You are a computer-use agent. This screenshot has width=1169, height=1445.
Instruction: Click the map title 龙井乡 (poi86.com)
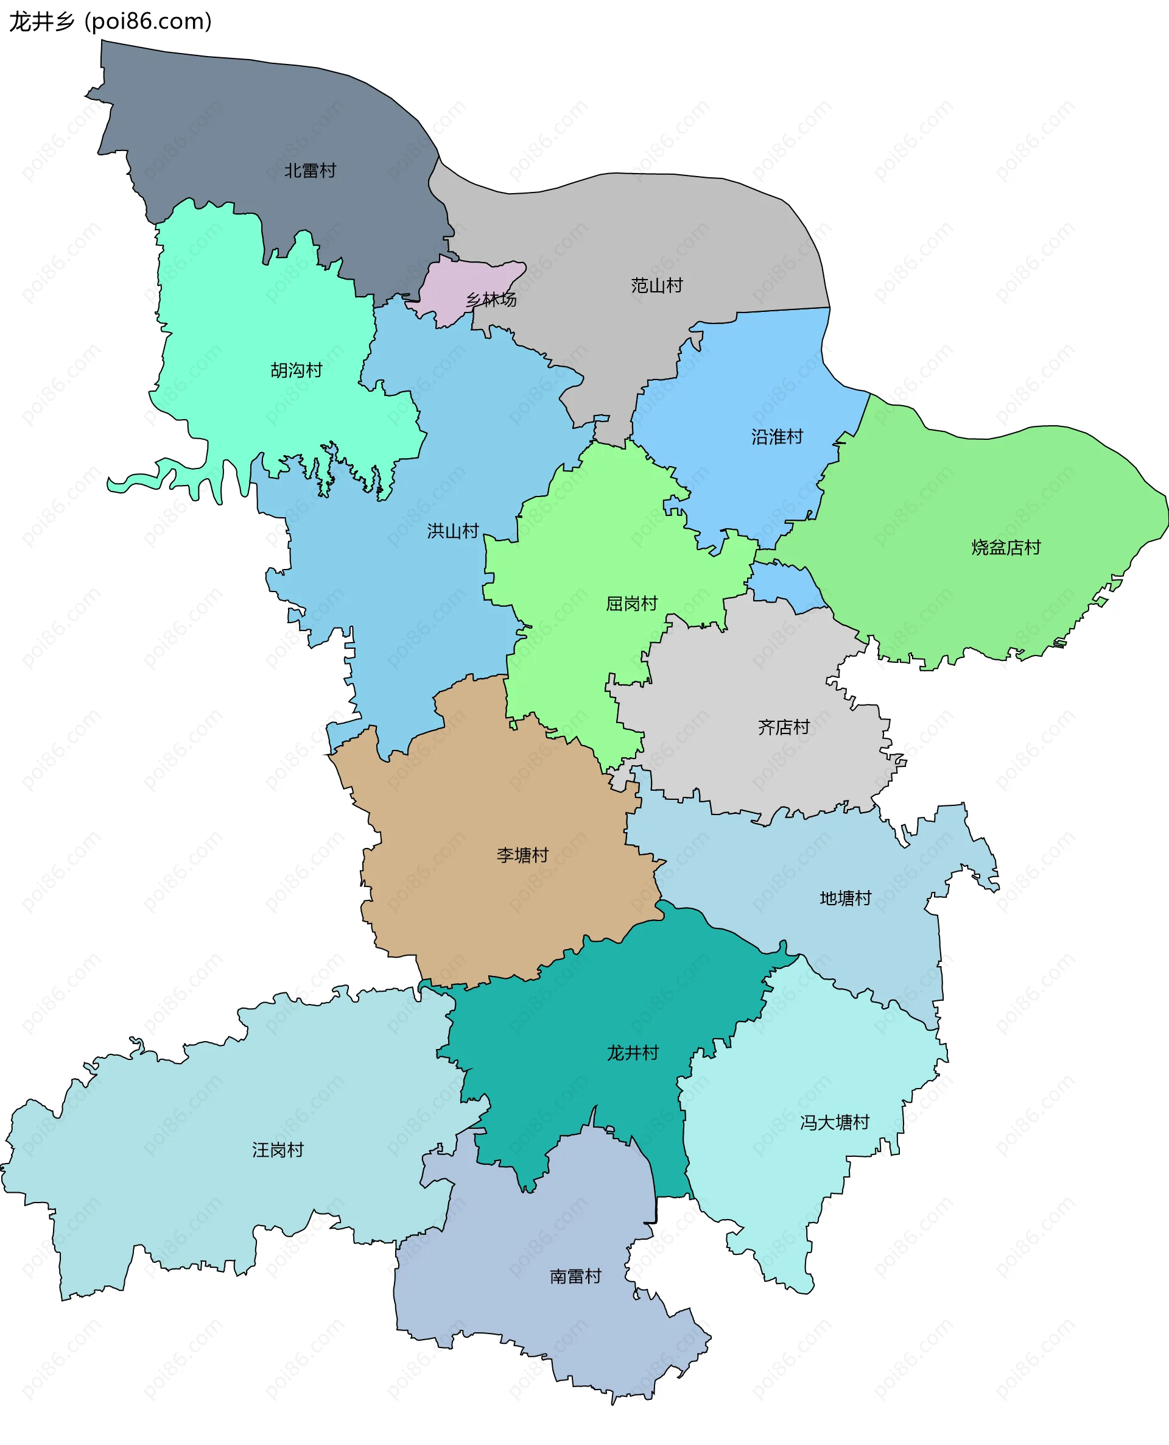[110, 21]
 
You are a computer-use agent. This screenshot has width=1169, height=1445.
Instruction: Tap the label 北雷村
[310, 171]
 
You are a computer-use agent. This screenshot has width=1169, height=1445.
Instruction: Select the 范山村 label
[656, 286]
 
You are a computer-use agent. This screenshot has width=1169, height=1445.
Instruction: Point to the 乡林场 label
[491, 300]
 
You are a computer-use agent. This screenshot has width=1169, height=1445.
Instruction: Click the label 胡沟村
[297, 370]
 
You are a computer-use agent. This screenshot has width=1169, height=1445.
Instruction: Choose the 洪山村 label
[452, 531]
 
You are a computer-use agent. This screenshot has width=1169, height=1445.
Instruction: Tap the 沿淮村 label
[777, 437]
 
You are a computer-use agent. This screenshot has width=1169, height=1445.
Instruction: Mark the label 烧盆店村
[1005, 547]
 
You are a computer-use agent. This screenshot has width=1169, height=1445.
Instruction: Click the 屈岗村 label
[631, 603]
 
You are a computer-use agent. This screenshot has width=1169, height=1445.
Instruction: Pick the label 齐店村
[783, 727]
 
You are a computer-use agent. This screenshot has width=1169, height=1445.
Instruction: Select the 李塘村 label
[522, 855]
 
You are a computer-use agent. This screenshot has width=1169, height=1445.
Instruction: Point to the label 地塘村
[845, 898]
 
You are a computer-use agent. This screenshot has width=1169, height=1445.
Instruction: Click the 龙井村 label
[633, 1052]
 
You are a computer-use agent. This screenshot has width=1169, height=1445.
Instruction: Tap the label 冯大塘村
[834, 1122]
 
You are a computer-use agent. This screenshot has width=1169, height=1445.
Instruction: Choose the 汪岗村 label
[278, 1150]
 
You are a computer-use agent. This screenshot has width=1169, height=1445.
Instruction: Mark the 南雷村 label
[575, 1276]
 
